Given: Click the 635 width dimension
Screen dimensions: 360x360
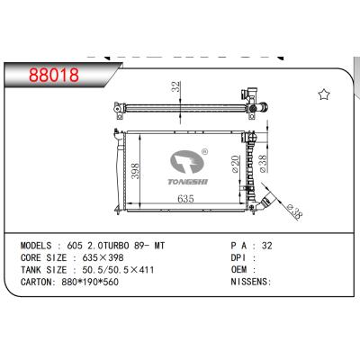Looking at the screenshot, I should (187, 200).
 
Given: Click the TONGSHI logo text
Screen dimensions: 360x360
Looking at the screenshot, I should (186, 179).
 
